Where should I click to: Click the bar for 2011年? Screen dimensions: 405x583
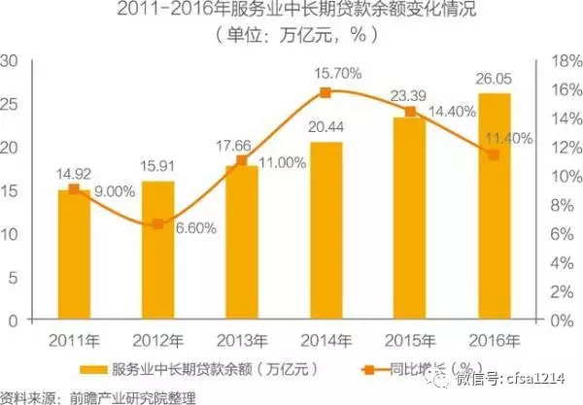[74, 254]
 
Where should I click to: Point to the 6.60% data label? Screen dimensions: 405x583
[197, 228]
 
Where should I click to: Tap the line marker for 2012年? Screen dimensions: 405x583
[158, 224]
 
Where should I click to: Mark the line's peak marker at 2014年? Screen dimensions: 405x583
[326, 92]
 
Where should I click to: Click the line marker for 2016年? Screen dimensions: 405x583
[494, 154]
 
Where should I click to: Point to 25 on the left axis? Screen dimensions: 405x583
[15, 102]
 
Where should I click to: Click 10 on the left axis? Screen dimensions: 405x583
[15, 234]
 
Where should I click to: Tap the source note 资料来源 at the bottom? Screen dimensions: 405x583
[97, 396]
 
